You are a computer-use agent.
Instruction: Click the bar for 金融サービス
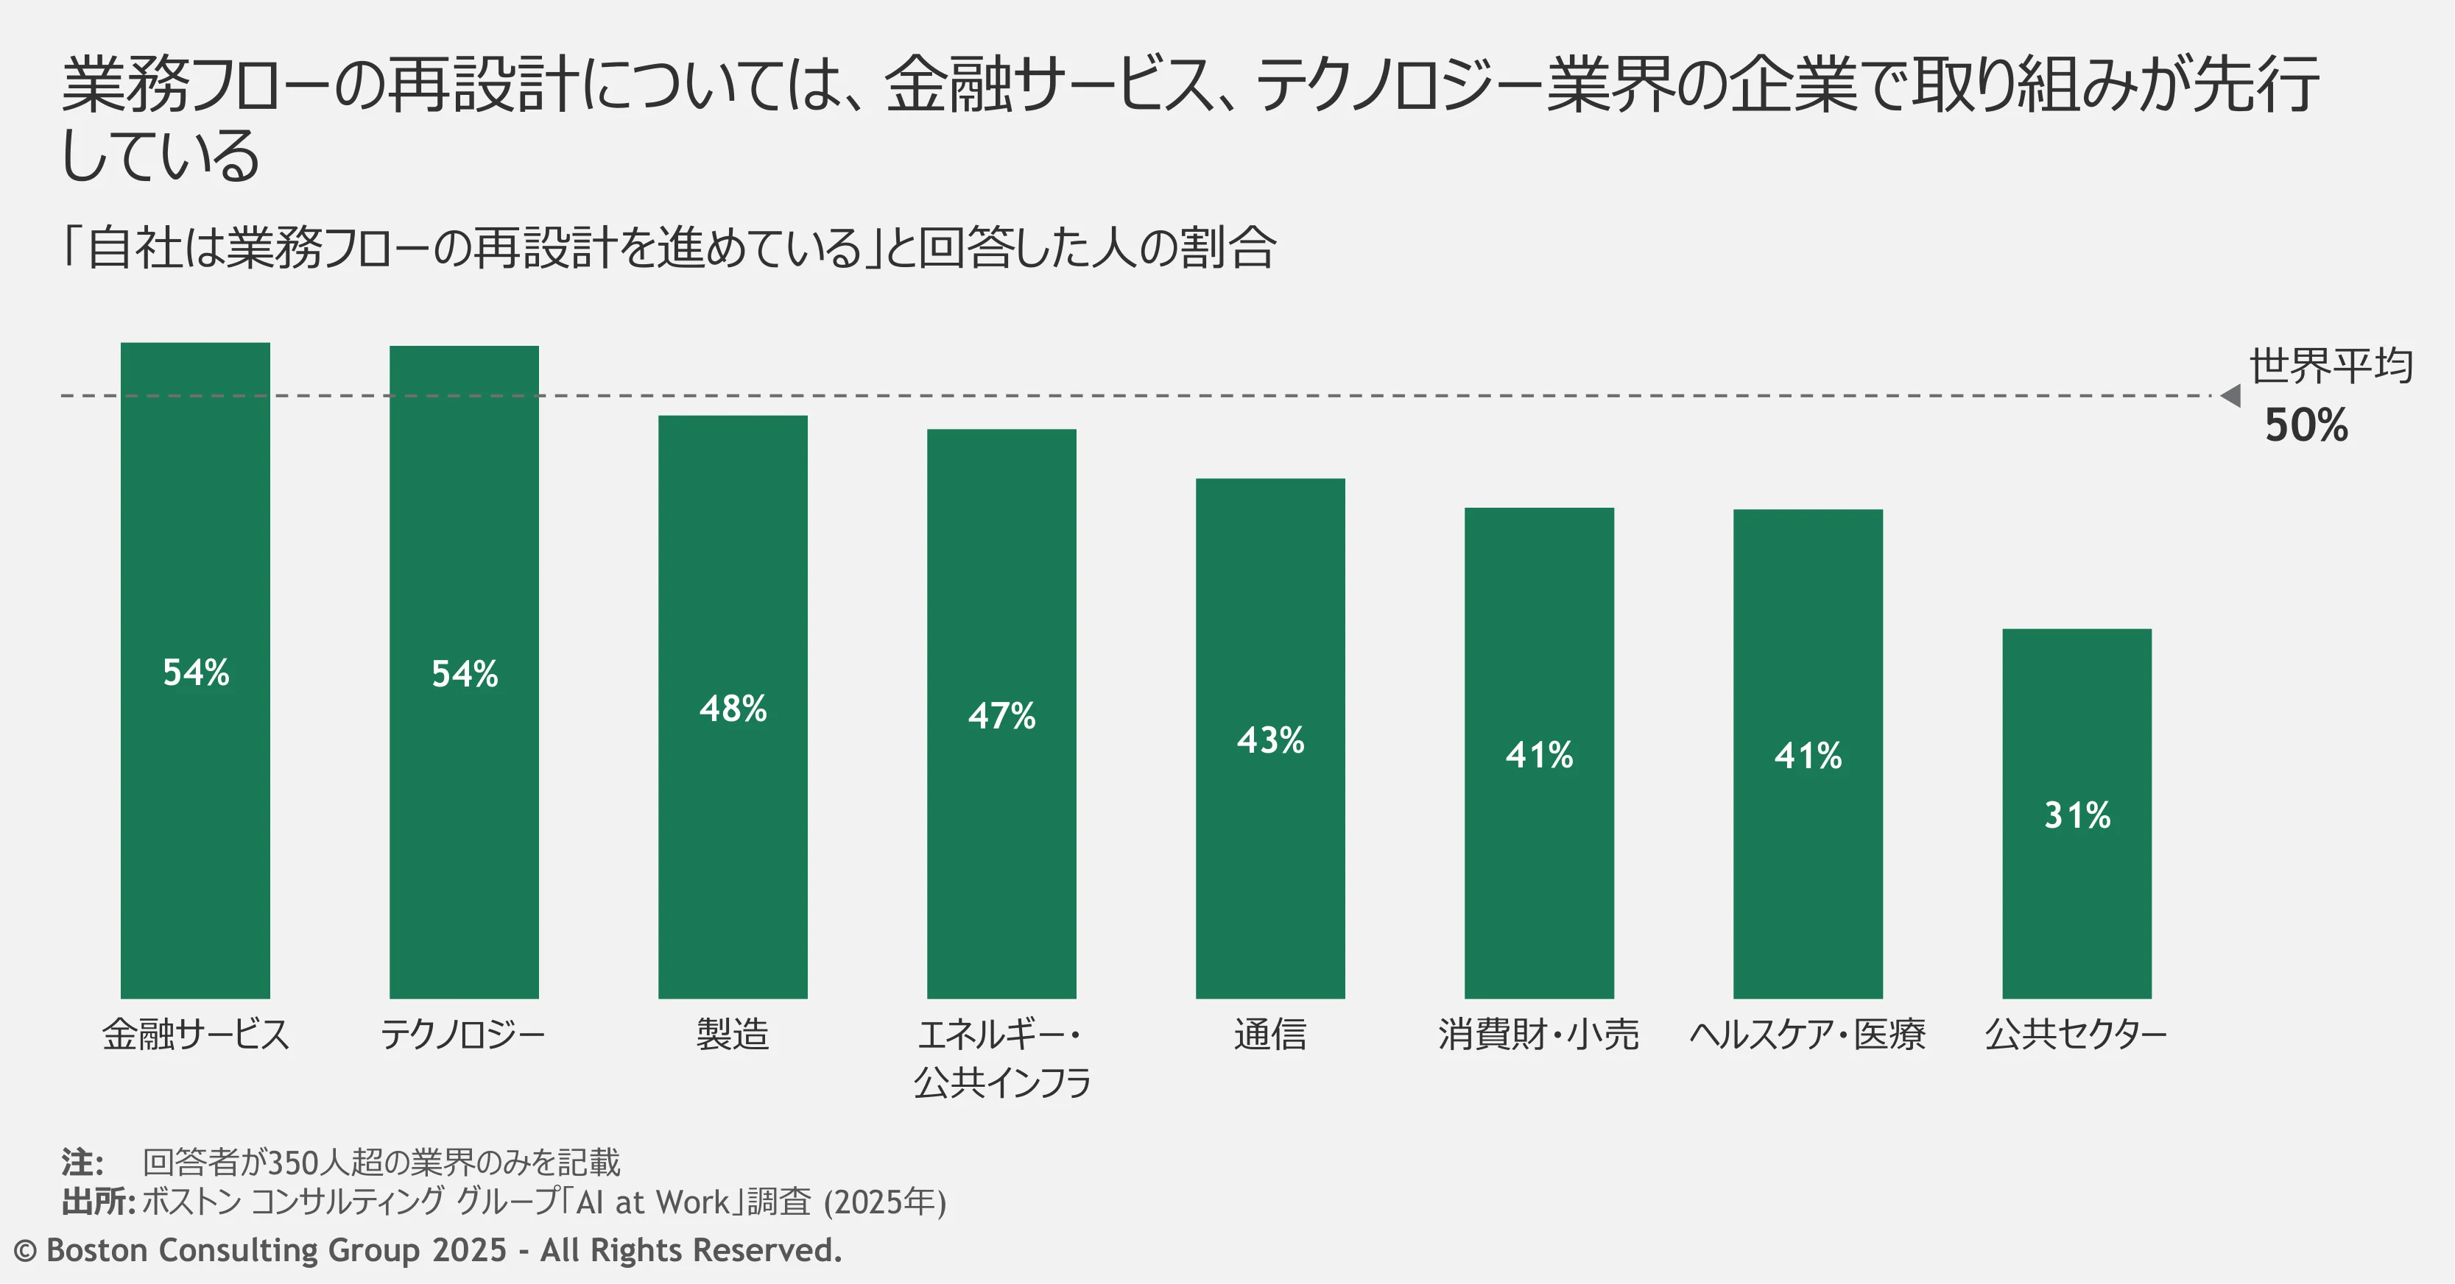click(195, 670)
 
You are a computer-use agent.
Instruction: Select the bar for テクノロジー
click(464, 673)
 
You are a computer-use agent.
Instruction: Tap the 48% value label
click(733, 709)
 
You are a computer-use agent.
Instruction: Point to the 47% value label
click(1001, 715)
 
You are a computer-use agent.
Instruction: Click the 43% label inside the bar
click(1270, 740)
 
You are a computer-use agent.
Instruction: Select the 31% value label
click(2077, 815)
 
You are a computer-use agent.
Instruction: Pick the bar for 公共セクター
click(2077, 815)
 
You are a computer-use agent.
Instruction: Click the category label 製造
click(733, 1035)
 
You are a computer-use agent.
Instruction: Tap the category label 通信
click(1270, 1035)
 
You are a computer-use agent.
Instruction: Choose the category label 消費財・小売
click(1539, 1035)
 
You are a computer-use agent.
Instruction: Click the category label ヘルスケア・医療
click(1808, 1035)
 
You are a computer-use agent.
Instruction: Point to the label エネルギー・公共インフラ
click(1001, 1058)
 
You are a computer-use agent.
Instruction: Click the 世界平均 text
click(2331, 366)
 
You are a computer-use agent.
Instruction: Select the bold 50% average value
click(2306, 425)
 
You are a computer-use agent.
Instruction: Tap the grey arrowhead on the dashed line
click(2230, 395)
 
